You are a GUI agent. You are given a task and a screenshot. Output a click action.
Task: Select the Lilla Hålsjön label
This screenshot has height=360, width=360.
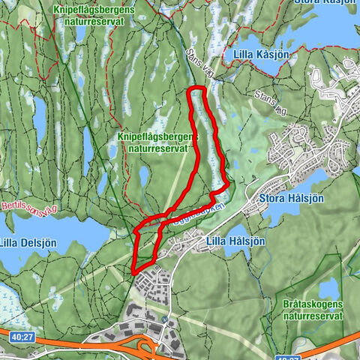click(235, 241)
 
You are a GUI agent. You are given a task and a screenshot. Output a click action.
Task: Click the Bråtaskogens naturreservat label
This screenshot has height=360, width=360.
click(313, 310)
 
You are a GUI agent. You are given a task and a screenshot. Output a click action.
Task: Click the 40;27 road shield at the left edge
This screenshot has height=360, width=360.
click(20, 338)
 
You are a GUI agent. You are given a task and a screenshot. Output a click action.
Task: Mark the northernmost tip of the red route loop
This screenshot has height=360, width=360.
click(196, 88)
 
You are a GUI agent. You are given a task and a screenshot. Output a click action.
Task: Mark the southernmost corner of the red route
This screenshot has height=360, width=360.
click(134, 271)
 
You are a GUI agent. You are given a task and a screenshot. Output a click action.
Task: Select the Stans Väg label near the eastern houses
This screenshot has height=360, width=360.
click(270, 103)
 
